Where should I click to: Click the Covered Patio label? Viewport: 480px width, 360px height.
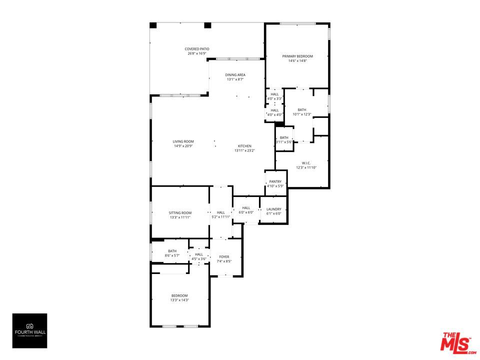point(197,49)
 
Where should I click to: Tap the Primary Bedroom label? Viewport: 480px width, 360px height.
point(300,56)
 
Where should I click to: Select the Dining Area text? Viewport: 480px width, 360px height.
point(235,75)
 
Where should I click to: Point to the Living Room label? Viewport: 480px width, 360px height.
point(183,141)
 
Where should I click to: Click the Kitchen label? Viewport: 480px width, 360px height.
point(244,146)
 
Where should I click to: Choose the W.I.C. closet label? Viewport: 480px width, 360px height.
point(306,163)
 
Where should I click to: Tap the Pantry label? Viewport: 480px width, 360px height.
point(275,181)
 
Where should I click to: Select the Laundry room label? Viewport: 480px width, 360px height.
point(273,209)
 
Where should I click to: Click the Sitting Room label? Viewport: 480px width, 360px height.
point(180,213)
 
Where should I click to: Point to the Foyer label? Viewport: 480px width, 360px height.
point(224,256)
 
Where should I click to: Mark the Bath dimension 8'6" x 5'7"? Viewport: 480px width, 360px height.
point(172,256)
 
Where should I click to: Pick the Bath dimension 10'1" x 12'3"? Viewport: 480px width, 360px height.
point(302,114)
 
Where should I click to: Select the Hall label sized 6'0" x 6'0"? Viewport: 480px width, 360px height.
point(246,208)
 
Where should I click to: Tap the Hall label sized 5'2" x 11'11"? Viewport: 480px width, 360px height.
point(220,212)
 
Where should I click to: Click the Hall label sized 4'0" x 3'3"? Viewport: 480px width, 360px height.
point(275,94)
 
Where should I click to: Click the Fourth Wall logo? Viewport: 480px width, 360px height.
point(29,330)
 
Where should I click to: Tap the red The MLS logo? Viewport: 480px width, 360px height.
point(456,343)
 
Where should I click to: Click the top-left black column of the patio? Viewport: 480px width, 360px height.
point(153,25)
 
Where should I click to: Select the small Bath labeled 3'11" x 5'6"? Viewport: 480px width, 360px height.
point(284,138)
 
